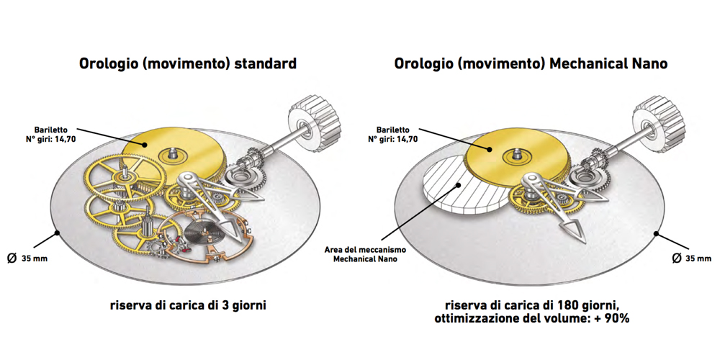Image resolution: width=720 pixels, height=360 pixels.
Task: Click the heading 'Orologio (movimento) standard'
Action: tap(187, 64)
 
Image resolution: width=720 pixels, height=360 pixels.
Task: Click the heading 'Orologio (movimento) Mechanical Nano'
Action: tap(531, 64)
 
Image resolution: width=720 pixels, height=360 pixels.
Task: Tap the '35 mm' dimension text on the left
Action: tap(34, 258)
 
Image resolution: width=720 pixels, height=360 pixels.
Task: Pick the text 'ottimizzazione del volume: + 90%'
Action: tap(532, 319)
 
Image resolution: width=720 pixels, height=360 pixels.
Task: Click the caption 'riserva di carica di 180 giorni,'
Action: tap(531, 305)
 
